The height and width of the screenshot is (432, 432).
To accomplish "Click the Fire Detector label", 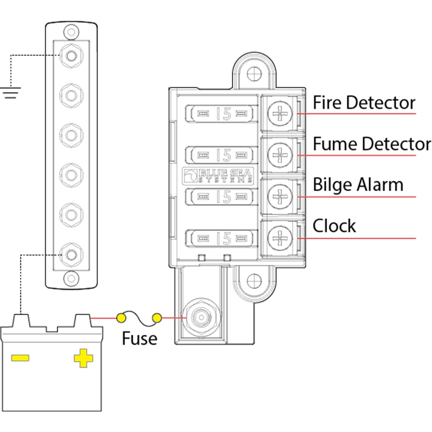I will pyautogui.click(x=364, y=103).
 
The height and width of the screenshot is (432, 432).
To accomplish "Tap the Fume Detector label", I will pyautogui.click(x=372, y=144).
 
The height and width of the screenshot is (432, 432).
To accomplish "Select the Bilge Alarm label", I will pyautogui.click(x=358, y=185).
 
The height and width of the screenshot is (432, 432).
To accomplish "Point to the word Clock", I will pyautogui.click(x=334, y=226).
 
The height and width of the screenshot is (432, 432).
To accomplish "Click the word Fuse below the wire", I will pyautogui.click(x=139, y=338).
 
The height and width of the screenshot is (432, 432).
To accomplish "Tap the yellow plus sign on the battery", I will pyautogui.click(x=83, y=358).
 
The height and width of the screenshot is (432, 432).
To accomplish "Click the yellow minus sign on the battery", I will pyautogui.click(x=20, y=358).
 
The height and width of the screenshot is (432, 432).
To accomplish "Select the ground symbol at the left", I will pyautogui.click(x=11, y=92).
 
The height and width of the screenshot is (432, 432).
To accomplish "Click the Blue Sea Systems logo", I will pyautogui.click(x=218, y=176).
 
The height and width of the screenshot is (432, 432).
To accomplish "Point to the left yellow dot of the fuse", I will pyautogui.click(x=121, y=318).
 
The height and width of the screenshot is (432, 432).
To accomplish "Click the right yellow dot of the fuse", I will pyautogui.click(x=157, y=318).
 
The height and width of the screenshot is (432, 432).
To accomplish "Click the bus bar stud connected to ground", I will pyautogui.click(x=71, y=56).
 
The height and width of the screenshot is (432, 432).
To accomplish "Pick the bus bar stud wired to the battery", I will pyautogui.click(x=71, y=255).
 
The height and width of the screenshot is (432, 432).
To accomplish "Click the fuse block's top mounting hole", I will pyautogui.click(x=254, y=73).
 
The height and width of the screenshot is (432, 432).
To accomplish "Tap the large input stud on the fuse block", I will pyautogui.click(x=201, y=318).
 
